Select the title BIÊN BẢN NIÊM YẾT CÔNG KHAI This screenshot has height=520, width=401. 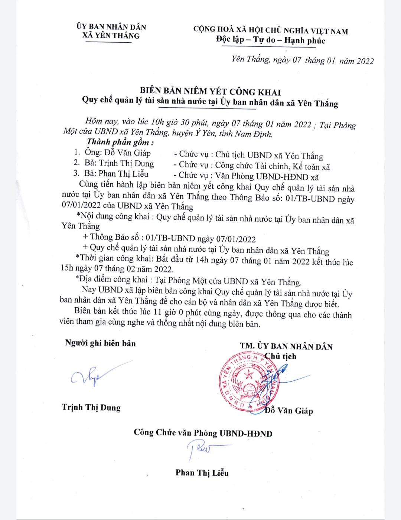coord(210,92)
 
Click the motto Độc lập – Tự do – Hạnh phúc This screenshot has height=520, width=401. coord(271,40)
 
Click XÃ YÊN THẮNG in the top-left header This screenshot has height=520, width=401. coord(111,36)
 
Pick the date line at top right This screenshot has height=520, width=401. coord(302,60)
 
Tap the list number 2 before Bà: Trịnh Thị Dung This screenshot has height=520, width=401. coord(76,163)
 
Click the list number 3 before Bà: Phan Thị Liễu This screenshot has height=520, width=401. coord(76,173)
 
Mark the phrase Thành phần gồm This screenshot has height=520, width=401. coord(120,142)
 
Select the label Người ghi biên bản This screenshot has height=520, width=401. coord(100,343)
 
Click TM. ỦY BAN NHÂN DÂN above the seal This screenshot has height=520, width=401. coord(286,346)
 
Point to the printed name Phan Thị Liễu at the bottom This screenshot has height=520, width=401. coord(202,472)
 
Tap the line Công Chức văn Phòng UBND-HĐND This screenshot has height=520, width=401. coord(203,433)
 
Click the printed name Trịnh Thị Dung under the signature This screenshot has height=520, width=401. coord(91,407)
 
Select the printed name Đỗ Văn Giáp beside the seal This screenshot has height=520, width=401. coord(290,411)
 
